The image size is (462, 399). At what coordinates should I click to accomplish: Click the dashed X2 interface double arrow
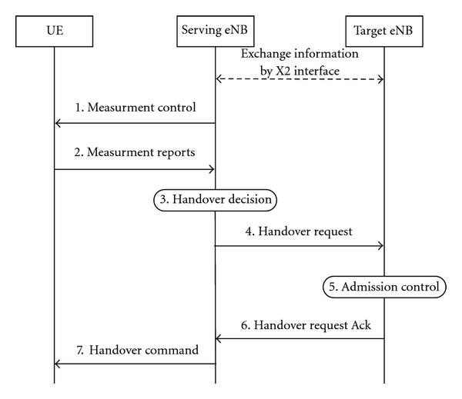click(x=300, y=79)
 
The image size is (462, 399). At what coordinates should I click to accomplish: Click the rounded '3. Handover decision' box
click(x=215, y=200)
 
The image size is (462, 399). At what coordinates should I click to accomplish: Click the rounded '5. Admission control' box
click(x=383, y=287)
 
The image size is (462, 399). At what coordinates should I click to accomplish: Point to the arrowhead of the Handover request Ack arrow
click(x=219, y=339)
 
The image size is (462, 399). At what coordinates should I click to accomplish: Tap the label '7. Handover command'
click(x=138, y=350)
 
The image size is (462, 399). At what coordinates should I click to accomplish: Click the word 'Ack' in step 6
click(x=360, y=325)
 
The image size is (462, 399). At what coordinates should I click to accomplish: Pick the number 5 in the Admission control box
click(x=333, y=287)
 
